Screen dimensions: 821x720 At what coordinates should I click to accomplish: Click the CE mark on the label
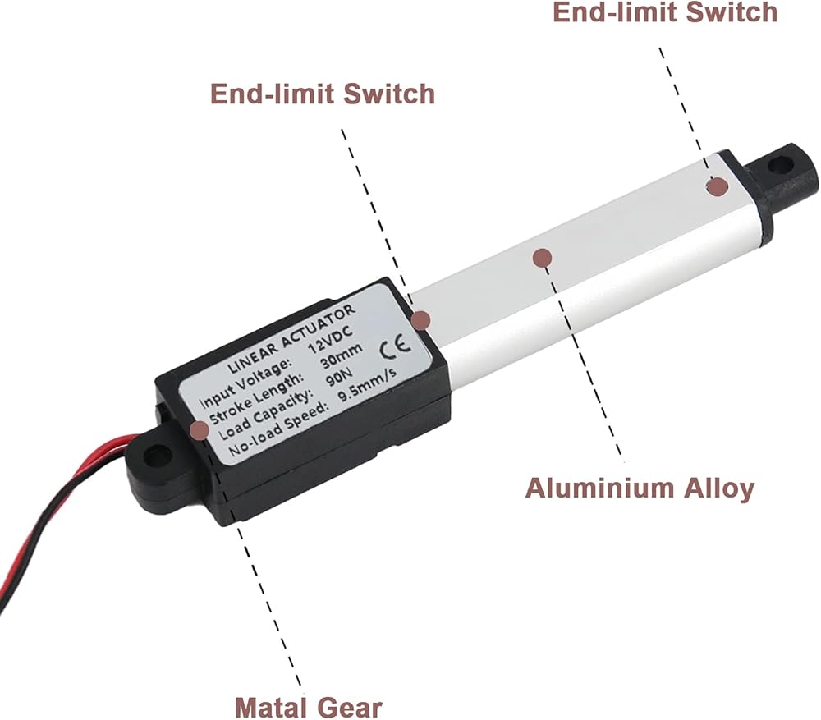(x=396, y=347)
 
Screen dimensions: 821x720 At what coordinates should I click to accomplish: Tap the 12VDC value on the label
(x=329, y=339)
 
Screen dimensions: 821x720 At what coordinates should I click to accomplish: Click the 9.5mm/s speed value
(x=368, y=385)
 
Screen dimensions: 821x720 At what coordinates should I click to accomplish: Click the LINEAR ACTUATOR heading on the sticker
(x=291, y=339)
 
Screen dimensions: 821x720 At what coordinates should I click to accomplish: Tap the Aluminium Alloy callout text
(x=640, y=488)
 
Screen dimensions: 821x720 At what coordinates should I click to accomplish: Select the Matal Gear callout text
(x=308, y=708)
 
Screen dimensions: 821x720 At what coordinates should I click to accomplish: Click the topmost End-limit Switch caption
(x=665, y=12)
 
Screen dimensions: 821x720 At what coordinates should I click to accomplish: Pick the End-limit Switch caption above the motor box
(x=323, y=94)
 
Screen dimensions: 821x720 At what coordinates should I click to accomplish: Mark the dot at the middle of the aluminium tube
(x=543, y=258)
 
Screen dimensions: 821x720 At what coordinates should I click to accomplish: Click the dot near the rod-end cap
(x=718, y=186)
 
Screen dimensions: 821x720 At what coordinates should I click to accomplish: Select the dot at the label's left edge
(x=199, y=430)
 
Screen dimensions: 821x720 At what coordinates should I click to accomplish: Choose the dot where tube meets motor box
(x=421, y=320)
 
